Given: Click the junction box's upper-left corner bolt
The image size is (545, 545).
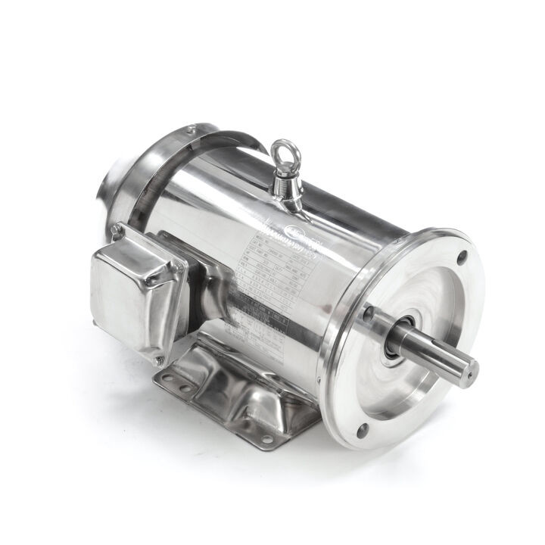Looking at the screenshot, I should coord(116,229).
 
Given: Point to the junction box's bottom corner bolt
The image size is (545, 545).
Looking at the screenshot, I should coord(159,360).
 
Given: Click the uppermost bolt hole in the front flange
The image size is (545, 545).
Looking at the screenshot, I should coord(462,257).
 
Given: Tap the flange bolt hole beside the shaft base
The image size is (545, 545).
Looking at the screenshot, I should coord(369,311).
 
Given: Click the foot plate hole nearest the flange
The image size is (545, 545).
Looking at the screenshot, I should coord(266,438).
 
